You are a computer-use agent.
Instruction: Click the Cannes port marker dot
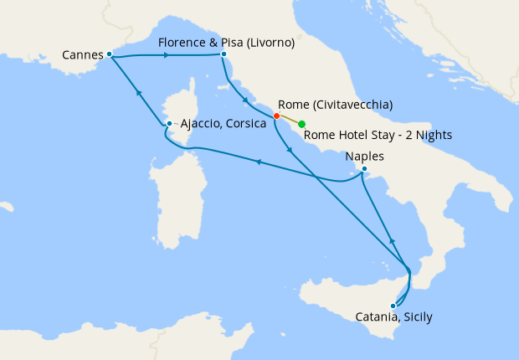pos(110,54)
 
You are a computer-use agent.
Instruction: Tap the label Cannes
pos(83,55)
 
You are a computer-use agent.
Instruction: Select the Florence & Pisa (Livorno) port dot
pos(224,54)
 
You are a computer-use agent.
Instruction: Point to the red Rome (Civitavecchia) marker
pos(276,116)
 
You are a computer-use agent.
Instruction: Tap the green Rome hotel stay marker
pos(301,124)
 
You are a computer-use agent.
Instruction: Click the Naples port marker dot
pos(364,169)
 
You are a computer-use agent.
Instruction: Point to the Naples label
pos(365,156)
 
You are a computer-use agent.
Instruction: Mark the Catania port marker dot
pos(393,306)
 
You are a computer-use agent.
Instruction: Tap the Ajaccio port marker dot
pos(169,124)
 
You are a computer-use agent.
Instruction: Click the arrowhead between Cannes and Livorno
pos(167,55)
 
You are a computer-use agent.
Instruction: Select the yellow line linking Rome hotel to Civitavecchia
pos(289,120)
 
